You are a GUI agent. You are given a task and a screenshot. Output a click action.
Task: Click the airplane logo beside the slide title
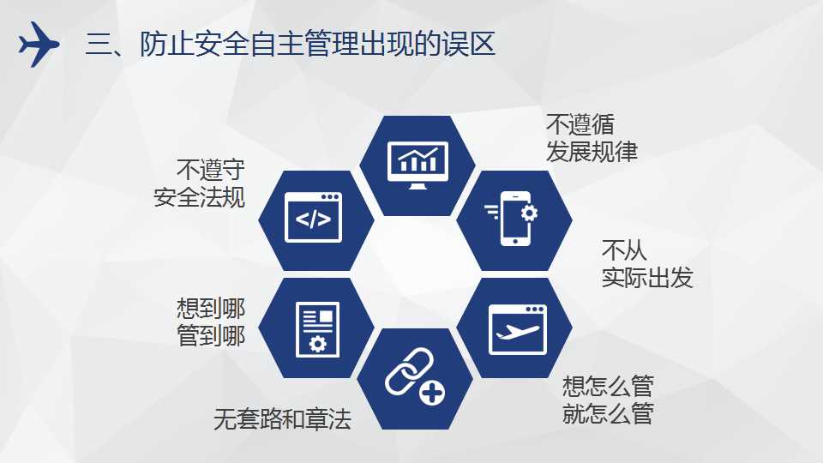pos(39,44)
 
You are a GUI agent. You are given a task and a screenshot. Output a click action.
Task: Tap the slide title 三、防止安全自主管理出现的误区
pos(291,44)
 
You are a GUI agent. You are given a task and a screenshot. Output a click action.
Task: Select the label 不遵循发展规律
pos(592,138)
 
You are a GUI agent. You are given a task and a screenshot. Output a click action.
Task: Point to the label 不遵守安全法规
pos(200,183)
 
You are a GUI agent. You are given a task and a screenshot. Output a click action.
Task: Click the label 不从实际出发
pos(647,264)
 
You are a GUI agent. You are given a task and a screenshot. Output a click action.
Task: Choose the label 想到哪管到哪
pos(211,322)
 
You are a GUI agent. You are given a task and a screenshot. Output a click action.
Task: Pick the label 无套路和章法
pos(282,419)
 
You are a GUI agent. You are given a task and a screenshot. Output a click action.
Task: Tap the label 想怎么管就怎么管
pos(608,400)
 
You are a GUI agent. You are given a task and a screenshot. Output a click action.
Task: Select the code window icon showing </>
pos(314,217)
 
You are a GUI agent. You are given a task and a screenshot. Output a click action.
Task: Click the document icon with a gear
pos(317,329)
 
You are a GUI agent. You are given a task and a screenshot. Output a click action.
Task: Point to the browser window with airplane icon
pos(518,329)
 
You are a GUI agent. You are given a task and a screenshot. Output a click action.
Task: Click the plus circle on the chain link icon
pos(432,393)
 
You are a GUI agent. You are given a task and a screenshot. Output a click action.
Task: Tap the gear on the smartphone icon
pos(529,213)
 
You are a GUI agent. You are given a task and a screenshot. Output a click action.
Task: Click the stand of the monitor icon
pos(418,186)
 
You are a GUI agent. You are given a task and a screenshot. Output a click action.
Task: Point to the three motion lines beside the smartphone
pos(492,211)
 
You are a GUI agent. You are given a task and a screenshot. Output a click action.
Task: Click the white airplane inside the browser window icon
pos(518,332)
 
